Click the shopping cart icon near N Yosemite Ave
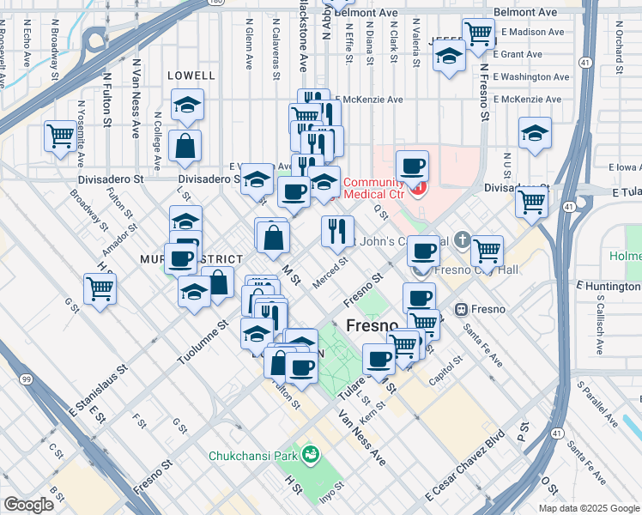(x=60, y=136)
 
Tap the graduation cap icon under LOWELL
(x=186, y=106)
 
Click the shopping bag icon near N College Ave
(x=185, y=147)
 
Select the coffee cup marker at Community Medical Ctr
(x=412, y=166)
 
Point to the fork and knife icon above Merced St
(x=337, y=230)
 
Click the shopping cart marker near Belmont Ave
(x=478, y=33)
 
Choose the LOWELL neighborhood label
(x=191, y=76)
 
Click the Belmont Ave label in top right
(x=527, y=13)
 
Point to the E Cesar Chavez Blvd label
(x=464, y=472)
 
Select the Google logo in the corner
(x=28, y=505)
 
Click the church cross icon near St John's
(x=463, y=239)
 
